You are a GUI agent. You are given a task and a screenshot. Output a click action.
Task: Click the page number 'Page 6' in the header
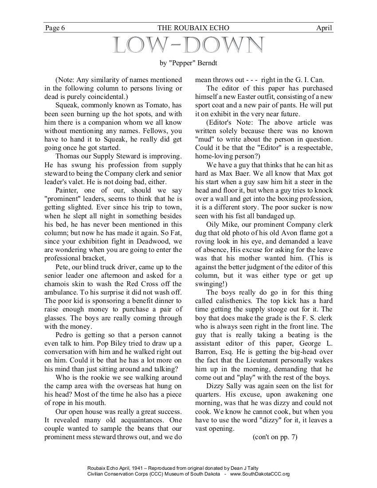[55, 28]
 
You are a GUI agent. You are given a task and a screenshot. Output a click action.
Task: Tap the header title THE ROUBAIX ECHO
[188, 28]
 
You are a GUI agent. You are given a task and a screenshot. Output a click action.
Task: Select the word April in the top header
[324, 28]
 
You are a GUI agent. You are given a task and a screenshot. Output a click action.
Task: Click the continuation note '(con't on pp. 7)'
[275, 437]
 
